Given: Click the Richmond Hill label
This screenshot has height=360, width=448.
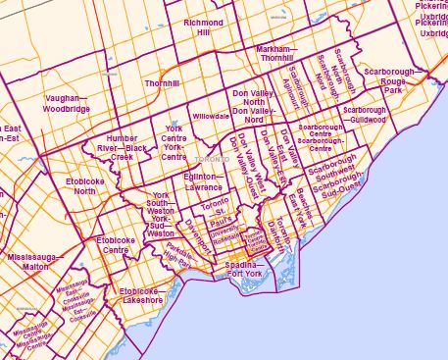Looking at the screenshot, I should [203, 26].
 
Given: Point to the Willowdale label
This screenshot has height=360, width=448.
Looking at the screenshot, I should [211, 116].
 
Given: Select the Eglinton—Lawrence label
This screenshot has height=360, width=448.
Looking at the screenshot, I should [204, 183].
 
